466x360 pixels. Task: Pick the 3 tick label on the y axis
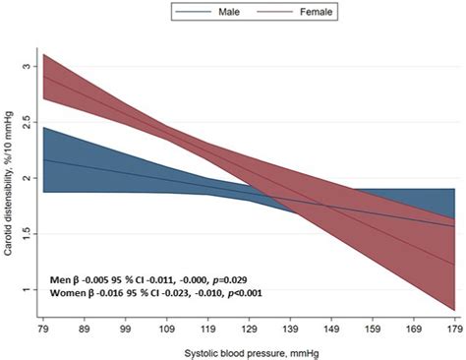[x=28, y=66]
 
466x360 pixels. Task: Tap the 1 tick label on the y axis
[x=28, y=290]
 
